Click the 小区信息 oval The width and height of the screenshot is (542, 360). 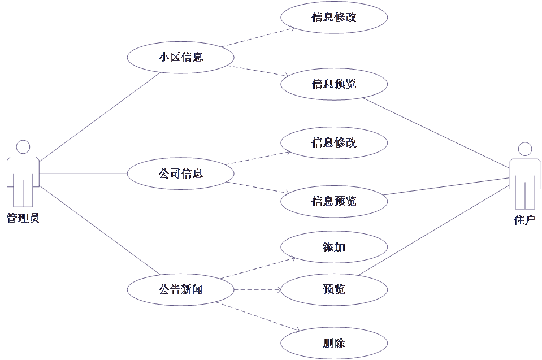[x=180, y=57]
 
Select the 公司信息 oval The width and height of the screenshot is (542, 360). [x=180, y=174]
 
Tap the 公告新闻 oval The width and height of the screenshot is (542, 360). [x=180, y=290]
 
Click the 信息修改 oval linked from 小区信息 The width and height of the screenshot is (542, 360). [x=334, y=17]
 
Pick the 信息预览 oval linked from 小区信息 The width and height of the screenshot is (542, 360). [x=334, y=84]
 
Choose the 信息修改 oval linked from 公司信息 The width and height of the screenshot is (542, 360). [x=334, y=142]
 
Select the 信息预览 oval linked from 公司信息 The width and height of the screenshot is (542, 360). [x=334, y=201]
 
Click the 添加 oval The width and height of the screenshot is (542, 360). [x=334, y=247]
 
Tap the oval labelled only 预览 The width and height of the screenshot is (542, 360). [x=334, y=290]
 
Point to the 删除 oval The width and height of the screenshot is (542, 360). [x=334, y=343]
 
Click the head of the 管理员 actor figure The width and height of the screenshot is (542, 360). [x=23, y=147]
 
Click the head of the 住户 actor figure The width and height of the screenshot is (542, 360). [x=525, y=149]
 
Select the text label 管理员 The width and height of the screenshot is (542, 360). [x=23, y=218]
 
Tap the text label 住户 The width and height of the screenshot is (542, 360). [x=524, y=220]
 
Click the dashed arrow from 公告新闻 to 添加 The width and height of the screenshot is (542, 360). [x=260, y=268]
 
